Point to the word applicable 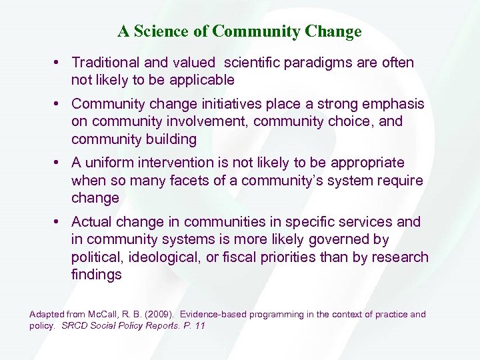202,80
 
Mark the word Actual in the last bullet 91,221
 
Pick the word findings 96,274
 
